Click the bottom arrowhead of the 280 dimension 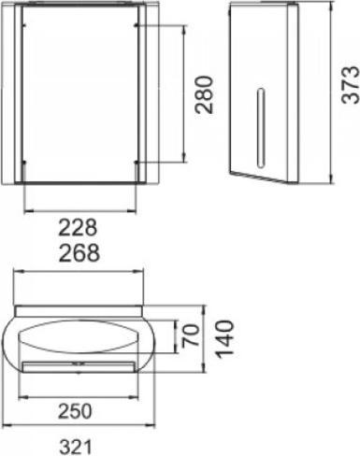191,164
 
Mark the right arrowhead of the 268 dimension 144,272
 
